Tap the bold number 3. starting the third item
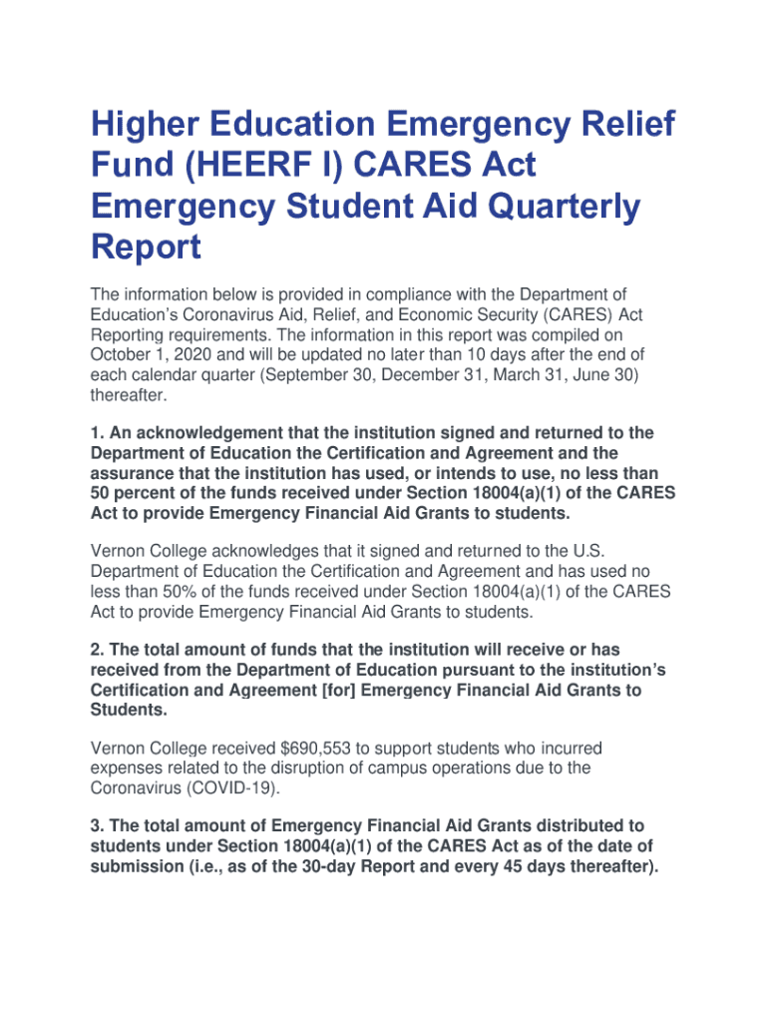tap(97, 825)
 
